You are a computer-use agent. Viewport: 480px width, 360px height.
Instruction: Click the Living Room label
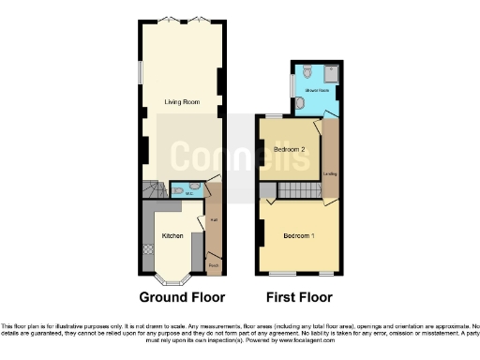tap(179, 103)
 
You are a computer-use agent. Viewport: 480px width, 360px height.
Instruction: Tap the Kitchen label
tap(172, 236)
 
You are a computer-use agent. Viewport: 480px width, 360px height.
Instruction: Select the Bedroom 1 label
tap(299, 234)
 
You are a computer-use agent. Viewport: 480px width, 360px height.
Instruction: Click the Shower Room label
tap(316, 91)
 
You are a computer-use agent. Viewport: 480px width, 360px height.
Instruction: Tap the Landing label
tap(330, 173)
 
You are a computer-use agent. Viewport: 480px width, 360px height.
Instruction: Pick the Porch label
tap(214, 265)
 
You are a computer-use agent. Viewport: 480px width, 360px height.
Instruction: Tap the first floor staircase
tap(297, 191)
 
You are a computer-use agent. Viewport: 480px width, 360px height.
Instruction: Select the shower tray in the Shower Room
tap(331, 72)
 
